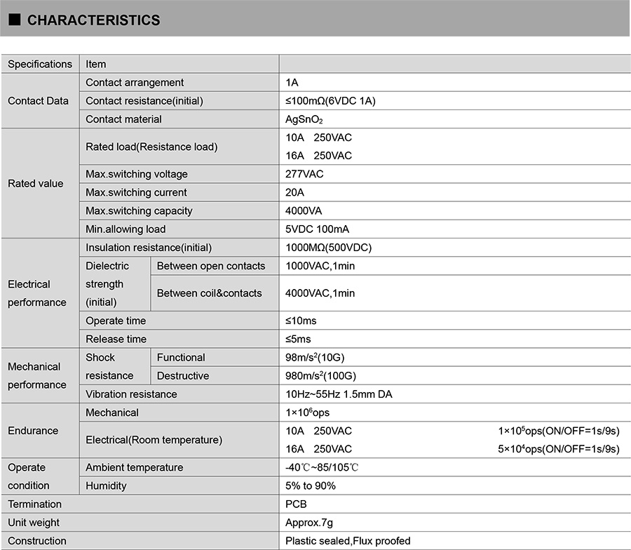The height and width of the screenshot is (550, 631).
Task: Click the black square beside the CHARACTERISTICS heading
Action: [14, 20]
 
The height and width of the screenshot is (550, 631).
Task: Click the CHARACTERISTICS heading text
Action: [93, 20]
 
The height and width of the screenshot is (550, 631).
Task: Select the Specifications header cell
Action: [40, 64]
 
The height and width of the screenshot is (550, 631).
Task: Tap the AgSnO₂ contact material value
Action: [304, 119]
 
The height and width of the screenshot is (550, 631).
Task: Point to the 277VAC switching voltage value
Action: [304, 174]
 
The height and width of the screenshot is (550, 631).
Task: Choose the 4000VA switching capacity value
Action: [304, 210]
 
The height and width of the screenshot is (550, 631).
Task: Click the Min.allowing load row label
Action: [125, 229]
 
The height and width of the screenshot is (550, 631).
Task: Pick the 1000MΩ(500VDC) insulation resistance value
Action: [328, 248]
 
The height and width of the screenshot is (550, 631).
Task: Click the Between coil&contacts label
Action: [209, 293]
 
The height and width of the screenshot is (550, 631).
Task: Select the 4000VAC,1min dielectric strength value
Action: [320, 293]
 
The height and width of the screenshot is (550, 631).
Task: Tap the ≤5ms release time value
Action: [298, 339]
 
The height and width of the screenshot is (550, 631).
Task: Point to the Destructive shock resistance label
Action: [182, 376]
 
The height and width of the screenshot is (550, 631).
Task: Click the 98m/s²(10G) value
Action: [315, 358]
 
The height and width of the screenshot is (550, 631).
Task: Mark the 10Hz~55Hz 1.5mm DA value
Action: [339, 394]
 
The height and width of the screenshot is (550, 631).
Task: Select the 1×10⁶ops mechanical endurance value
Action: [307, 412]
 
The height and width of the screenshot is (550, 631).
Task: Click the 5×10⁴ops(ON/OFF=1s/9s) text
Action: [559, 449]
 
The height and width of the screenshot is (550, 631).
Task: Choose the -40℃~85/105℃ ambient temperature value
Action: [323, 467]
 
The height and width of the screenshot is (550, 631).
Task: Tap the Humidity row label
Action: [106, 485]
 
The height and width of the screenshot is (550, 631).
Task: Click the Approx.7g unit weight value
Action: [310, 523]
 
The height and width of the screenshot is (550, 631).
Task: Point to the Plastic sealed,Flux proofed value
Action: [348, 541]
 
